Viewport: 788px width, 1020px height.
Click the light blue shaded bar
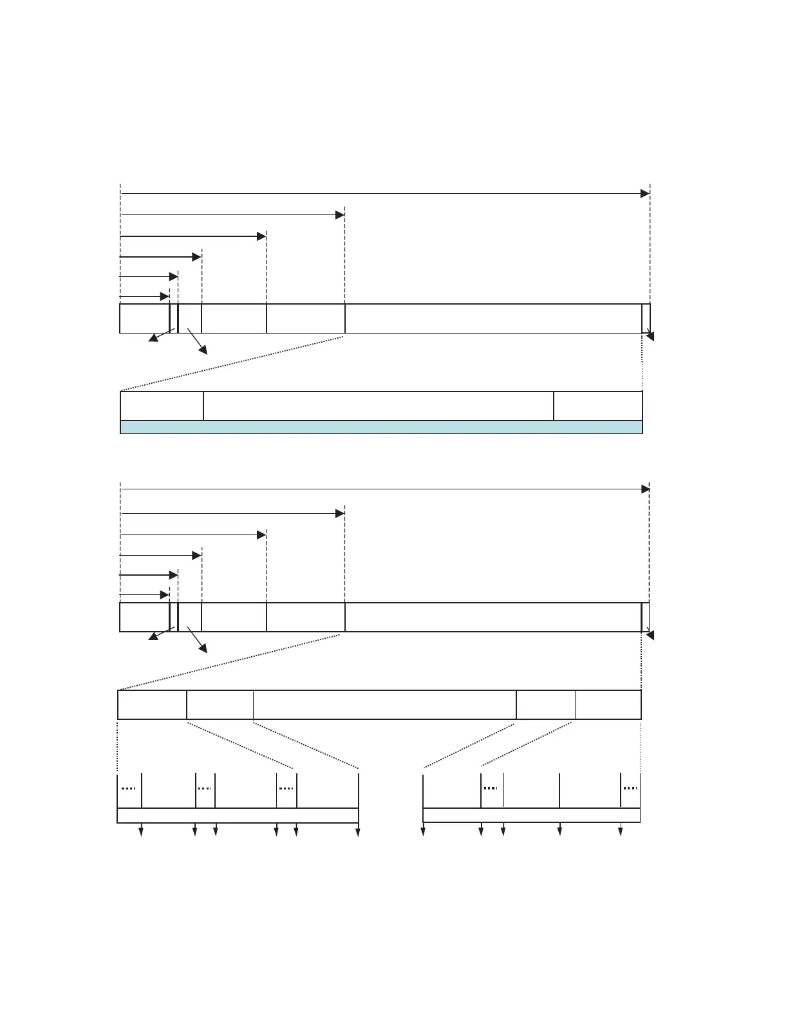(381, 427)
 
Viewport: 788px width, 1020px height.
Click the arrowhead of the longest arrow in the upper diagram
(645, 193)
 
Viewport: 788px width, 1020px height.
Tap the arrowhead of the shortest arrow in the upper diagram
(165, 297)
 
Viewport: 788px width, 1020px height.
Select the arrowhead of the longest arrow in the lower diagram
(645, 489)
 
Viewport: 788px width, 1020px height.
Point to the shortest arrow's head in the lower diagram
(165, 595)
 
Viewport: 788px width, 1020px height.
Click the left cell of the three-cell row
(162, 406)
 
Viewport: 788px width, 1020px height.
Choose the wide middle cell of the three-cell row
(379, 406)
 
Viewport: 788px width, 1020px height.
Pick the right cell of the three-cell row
(598, 406)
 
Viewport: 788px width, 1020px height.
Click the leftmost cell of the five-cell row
(152, 704)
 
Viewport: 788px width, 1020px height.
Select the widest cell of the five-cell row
(385, 704)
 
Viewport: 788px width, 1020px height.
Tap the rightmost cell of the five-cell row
(608, 704)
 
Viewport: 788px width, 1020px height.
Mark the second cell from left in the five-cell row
(220, 704)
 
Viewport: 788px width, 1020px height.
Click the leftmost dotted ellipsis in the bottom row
(129, 788)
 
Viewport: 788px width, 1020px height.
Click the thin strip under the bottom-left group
(238, 815)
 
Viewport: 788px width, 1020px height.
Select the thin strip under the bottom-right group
(531, 815)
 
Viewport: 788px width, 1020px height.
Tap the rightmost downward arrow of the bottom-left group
(358, 832)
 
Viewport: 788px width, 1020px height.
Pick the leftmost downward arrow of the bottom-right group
(423, 832)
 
